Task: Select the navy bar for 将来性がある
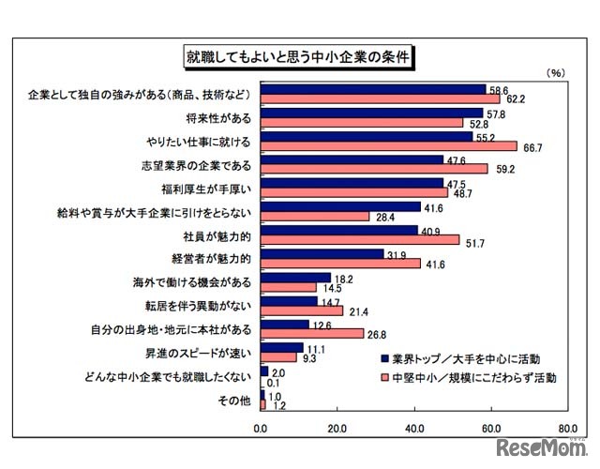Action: pyautogui.click(x=371, y=113)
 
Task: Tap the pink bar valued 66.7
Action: pyautogui.click(x=388, y=145)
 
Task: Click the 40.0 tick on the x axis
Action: pyautogui.click(x=413, y=429)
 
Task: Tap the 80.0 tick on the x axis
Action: pyautogui.click(x=566, y=429)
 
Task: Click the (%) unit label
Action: pyautogui.click(x=555, y=72)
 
